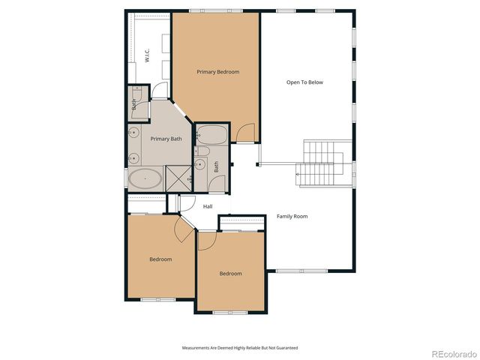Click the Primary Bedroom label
[217, 72]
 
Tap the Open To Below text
[304, 82]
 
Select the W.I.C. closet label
[148, 55]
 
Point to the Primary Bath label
[166, 139]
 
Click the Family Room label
[292, 216]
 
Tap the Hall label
[208, 206]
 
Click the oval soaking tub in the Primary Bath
[144, 179]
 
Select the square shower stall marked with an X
[179, 178]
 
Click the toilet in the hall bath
[201, 164]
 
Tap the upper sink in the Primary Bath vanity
[134, 133]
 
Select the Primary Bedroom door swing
[244, 133]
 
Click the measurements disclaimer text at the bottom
[240, 347]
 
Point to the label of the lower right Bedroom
[230, 273]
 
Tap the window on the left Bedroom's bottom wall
[157, 300]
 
